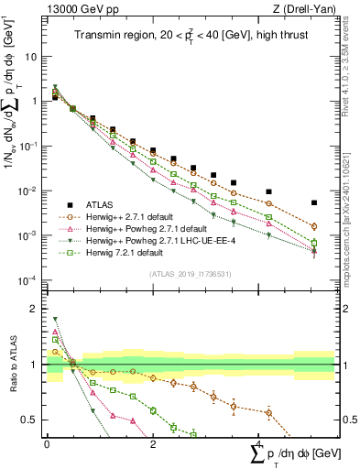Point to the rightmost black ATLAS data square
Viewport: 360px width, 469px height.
(x=314, y=203)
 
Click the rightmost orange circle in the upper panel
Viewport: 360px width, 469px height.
(x=314, y=226)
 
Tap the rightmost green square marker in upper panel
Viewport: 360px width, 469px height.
(x=314, y=243)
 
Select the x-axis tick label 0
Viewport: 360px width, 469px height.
(x=47, y=443)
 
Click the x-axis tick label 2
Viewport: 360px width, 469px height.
(x=152, y=443)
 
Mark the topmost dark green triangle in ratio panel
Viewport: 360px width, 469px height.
(x=56, y=320)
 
